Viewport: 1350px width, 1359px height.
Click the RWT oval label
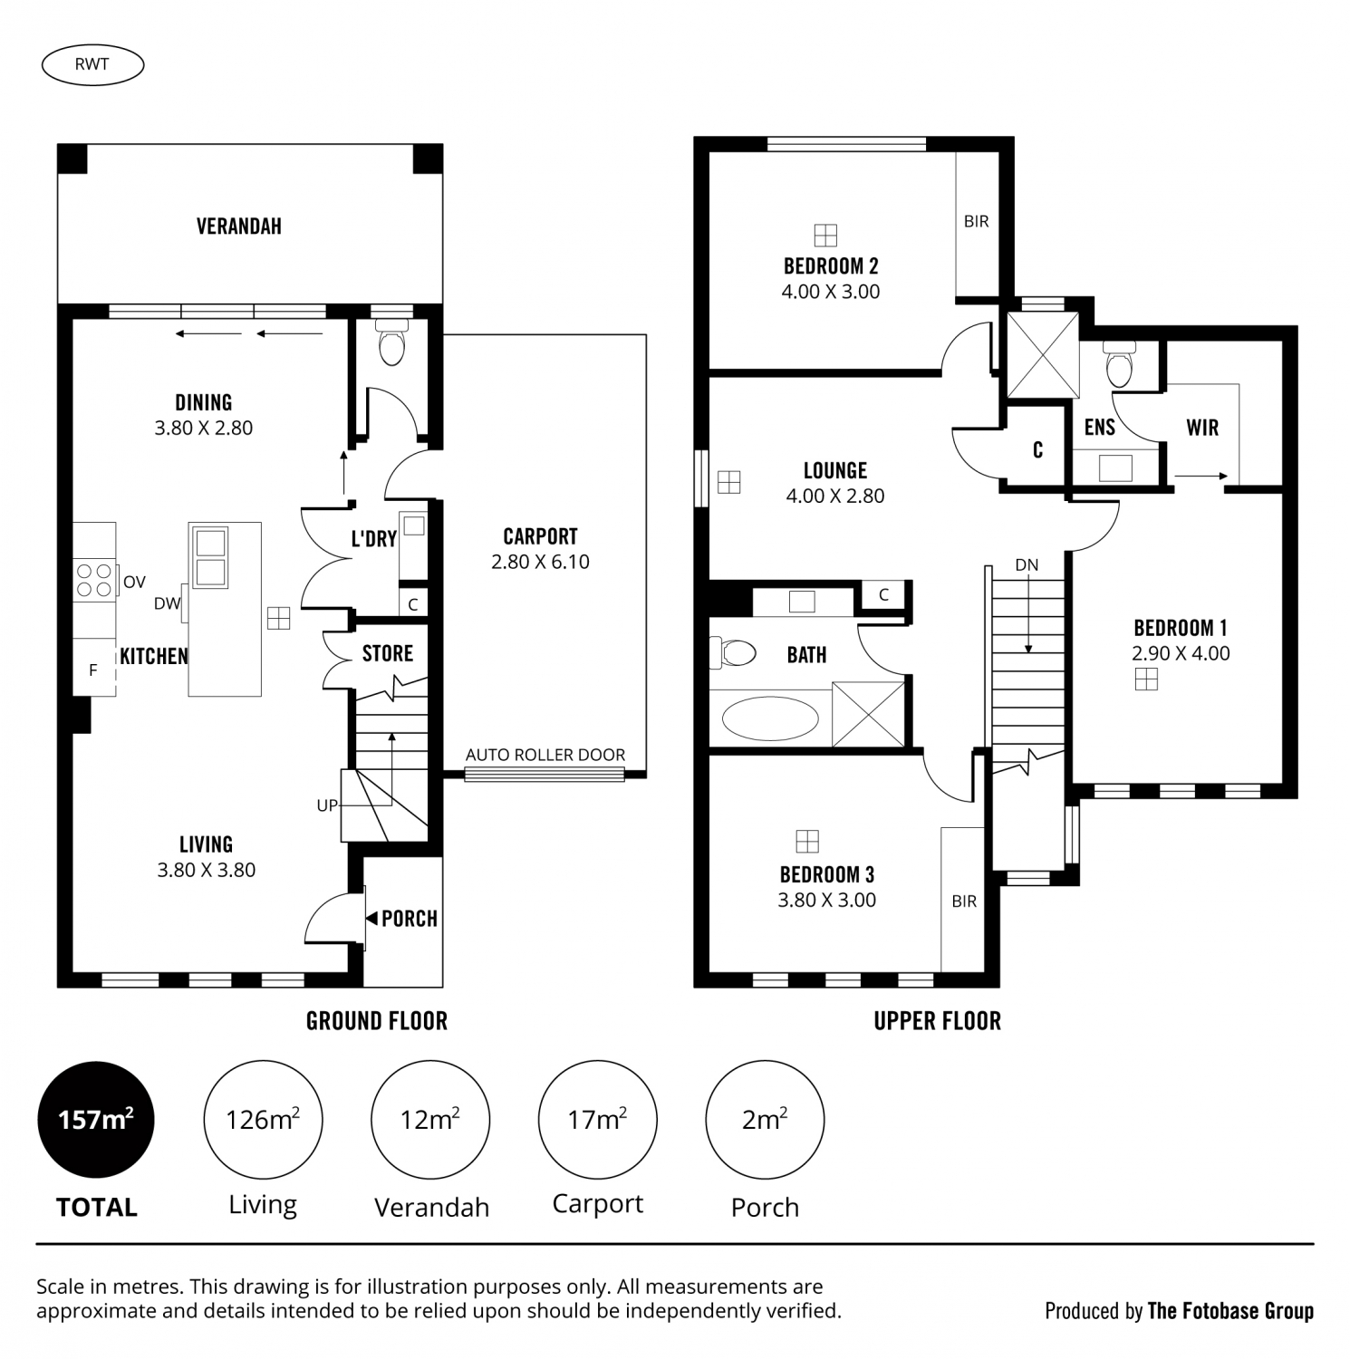click(92, 64)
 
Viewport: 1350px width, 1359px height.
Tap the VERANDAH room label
click(239, 226)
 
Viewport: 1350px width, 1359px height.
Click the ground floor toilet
click(391, 343)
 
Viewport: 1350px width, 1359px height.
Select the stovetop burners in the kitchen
click(94, 580)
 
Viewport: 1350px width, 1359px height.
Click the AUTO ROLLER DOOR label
click(545, 755)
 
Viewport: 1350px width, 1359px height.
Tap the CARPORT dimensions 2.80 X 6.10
click(540, 562)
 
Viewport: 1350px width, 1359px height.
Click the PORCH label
click(410, 919)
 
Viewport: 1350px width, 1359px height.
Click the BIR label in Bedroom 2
click(976, 221)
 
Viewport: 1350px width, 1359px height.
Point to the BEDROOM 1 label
click(1181, 628)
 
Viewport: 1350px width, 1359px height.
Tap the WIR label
click(1202, 428)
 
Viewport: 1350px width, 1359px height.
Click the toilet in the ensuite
click(1120, 364)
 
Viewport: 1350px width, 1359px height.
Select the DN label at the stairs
click(1027, 565)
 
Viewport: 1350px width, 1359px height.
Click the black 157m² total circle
click(96, 1120)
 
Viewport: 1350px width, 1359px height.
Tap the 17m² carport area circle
click(598, 1120)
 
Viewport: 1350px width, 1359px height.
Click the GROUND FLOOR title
click(377, 1021)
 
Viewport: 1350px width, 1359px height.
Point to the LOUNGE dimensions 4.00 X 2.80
click(835, 496)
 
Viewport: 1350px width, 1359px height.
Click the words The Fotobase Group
click(1230, 1311)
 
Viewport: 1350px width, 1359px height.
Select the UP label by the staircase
click(327, 805)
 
